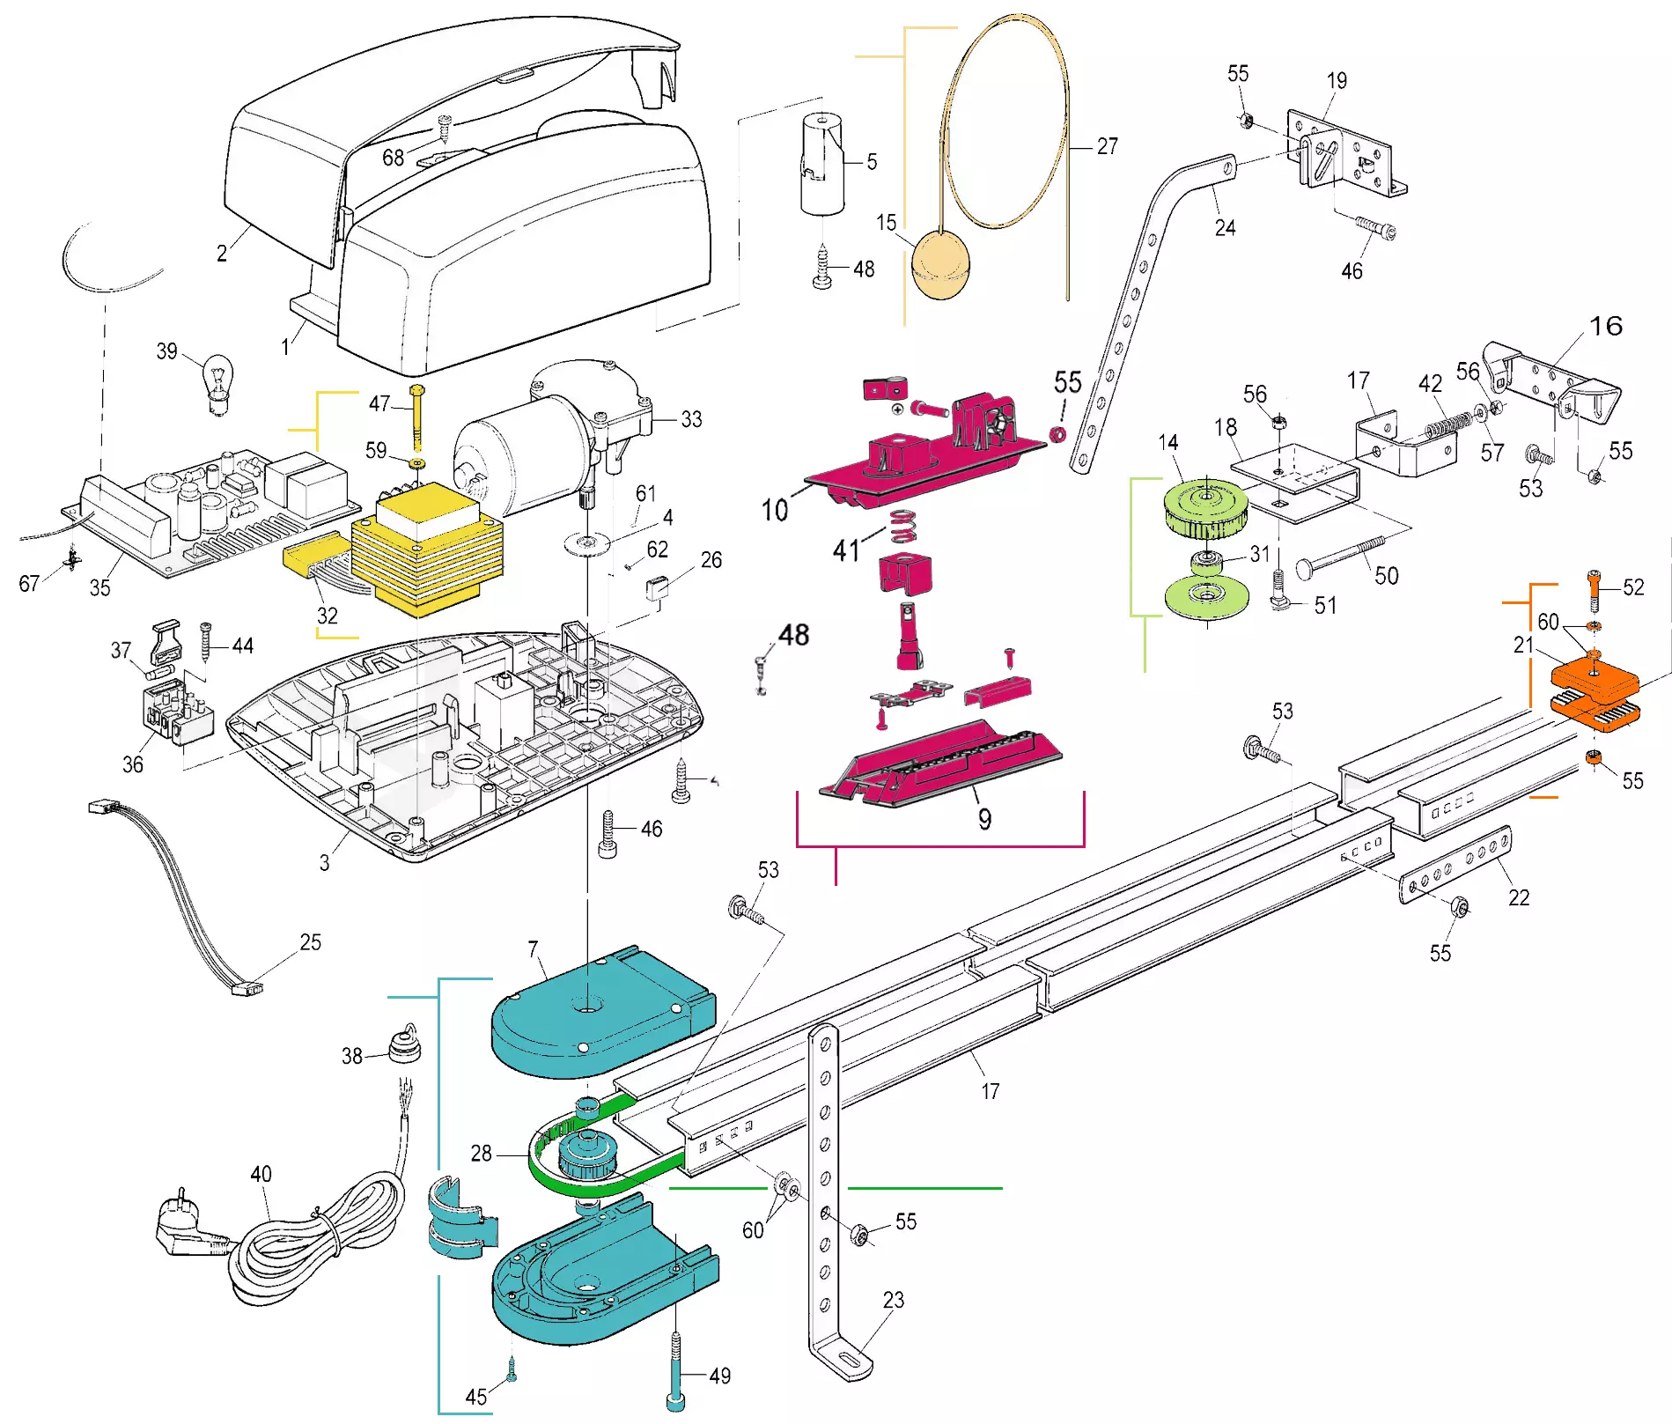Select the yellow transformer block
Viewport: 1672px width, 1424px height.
point(427,550)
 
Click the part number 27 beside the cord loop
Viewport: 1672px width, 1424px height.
point(1107,146)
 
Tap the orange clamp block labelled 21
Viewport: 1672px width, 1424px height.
point(1594,680)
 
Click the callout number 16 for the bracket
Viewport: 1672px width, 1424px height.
point(1606,326)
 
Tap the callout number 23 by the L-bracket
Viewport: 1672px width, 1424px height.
point(893,1300)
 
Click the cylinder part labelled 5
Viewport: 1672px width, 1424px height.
point(821,165)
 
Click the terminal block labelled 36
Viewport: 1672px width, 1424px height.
point(178,711)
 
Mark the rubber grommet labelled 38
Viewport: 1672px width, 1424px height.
point(404,1045)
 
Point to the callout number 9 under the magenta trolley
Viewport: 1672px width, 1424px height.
point(984,819)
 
